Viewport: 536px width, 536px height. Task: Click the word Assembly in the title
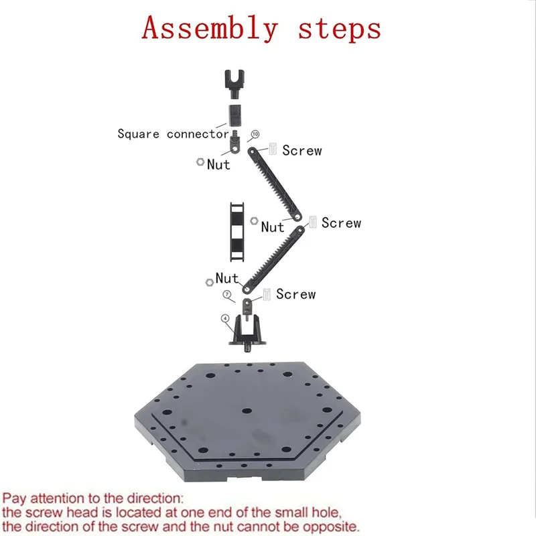pyautogui.click(x=209, y=29)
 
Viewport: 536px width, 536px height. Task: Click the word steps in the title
pyautogui.click(x=340, y=29)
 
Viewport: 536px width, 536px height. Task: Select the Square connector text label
pyautogui.click(x=173, y=134)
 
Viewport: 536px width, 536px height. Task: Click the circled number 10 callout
pyautogui.click(x=255, y=135)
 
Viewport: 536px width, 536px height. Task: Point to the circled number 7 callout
pyautogui.click(x=227, y=294)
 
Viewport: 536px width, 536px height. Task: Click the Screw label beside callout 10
pyautogui.click(x=301, y=151)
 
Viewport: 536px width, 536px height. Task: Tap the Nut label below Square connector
pyautogui.click(x=218, y=165)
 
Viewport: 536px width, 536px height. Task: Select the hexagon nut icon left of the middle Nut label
pyautogui.click(x=254, y=220)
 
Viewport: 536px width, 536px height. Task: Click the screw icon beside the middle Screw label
pyautogui.click(x=312, y=222)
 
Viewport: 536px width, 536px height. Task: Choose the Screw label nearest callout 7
pyautogui.click(x=295, y=294)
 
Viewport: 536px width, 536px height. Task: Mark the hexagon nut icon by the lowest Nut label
pyautogui.click(x=210, y=285)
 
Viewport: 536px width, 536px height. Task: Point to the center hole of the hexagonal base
pyautogui.click(x=247, y=410)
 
